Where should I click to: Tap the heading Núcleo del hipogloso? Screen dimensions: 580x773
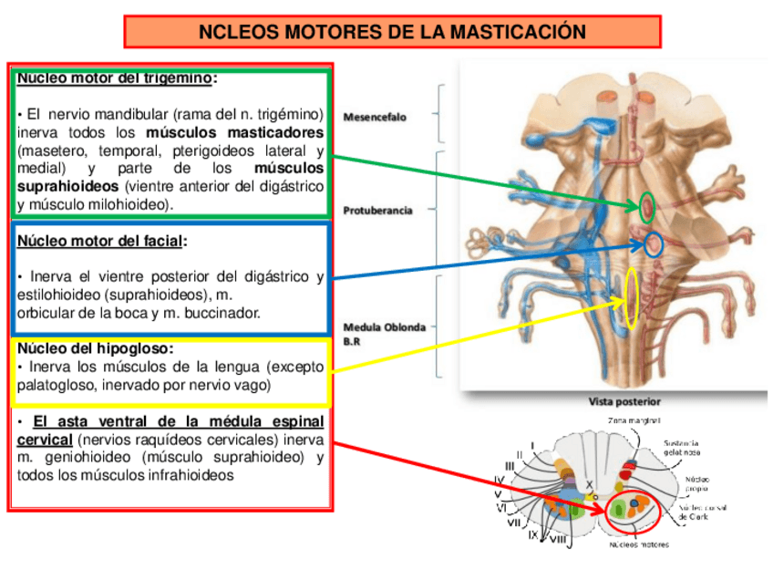tap(95, 348)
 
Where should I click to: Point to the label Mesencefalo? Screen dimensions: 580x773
tap(375, 118)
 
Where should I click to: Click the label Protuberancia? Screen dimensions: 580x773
tap(377, 211)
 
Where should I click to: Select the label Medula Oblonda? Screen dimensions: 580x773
tap(384, 326)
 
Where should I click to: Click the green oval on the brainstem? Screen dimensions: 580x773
tap(647, 205)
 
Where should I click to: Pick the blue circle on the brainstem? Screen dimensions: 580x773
tap(653, 243)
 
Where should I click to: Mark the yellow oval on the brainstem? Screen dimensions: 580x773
tap(631, 299)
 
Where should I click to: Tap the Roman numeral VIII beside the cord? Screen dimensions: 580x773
tap(559, 540)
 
